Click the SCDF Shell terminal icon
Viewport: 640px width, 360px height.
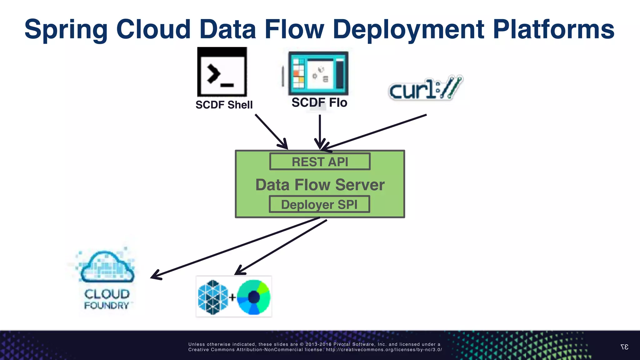pos(222,72)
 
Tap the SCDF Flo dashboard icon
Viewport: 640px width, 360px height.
pos(318,74)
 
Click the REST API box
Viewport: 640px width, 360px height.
pos(320,162)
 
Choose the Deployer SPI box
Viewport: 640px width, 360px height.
pos(319,204)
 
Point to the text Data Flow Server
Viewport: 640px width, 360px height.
pos(320,185)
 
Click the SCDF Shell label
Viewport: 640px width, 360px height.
pos(224,105)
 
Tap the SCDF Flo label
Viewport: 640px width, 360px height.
pos(319,103)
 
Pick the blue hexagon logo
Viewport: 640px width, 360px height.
pos(213,297)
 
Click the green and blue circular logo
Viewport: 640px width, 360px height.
pos(253,297)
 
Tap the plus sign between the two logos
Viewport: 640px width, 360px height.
pos(232,297)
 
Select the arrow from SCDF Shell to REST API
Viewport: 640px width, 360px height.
pos(271,131)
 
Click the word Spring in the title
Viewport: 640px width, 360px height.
pos(66,29)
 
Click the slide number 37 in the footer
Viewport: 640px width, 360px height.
pos(624,347)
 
